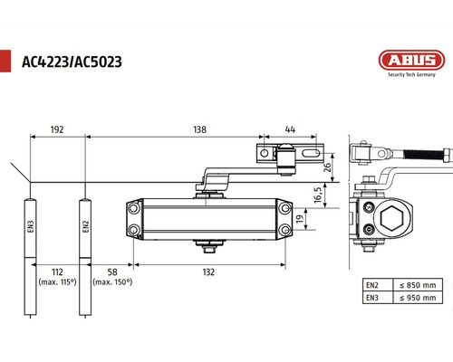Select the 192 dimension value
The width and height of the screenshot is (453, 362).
[x=56, y=130]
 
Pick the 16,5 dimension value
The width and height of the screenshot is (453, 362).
[x=318, y=195]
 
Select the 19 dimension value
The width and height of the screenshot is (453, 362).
[x=301, y=218]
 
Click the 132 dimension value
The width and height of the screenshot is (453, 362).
[x=209, y=271]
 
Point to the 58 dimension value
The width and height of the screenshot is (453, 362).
[x=111, y=271]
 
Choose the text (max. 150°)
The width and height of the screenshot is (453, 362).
[x=111, y=283]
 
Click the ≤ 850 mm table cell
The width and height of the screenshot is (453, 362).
[x=418, y=285]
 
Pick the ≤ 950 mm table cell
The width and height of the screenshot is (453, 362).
[x=418, y=297]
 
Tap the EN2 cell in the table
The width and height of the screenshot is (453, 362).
[x=371, y=285]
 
